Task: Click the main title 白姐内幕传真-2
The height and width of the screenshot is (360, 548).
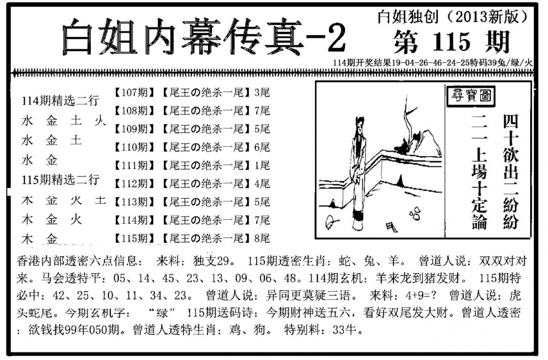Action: point(203,39)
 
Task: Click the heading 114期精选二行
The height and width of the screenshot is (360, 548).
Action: point(61,101)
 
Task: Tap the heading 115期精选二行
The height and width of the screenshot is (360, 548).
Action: point(61,179)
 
